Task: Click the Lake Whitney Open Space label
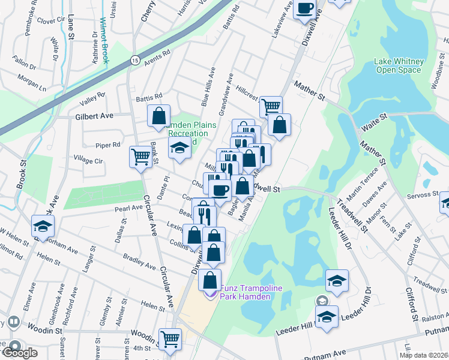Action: (399, 65)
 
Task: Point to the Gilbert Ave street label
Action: (94, 115)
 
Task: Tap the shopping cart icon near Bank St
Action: (140, 157)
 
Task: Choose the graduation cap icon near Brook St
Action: (43, 226)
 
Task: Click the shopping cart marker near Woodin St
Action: (170, 338)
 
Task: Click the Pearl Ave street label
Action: (128, 208)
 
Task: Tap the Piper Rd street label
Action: (108, 145)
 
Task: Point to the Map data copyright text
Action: (423, 355)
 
